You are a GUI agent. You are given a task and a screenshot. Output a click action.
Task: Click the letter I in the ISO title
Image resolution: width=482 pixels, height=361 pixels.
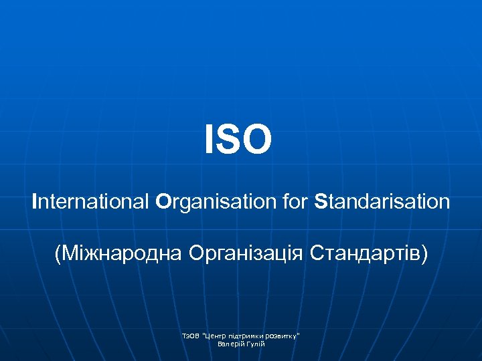(x=209, y=140)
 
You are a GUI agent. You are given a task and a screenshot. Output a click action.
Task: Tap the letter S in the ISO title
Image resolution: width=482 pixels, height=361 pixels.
(x=228, y=140)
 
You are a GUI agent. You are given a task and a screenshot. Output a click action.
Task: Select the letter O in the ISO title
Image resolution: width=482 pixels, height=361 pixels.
(x=257, y=140)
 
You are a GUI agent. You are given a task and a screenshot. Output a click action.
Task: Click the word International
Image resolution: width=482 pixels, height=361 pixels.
(x=92, y=201)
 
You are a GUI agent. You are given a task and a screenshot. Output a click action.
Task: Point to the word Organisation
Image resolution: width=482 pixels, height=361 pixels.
(x=218, y=202)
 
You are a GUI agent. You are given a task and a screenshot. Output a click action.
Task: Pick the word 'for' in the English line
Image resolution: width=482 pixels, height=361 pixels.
(x=296, y=201)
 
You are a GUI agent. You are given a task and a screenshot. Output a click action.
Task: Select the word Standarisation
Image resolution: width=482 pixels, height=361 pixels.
(x=382, y=201)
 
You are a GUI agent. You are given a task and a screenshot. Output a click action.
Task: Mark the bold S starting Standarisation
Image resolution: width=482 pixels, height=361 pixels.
(x=321, y=201)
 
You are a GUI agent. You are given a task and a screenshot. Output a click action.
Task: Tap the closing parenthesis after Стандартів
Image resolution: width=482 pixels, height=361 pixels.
(x=423, y=255)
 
